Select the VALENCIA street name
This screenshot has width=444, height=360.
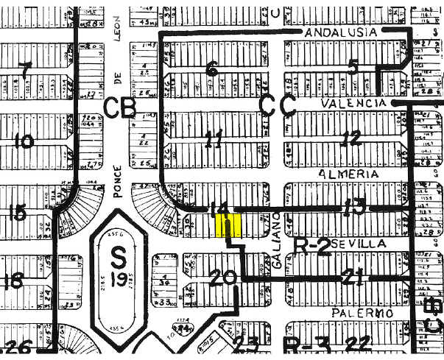click(x=354, y=105)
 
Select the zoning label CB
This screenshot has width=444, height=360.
click(x=120, y=108)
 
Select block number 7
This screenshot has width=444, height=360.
click(x=27, y=71)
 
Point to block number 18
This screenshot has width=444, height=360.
click(x=15, y=280)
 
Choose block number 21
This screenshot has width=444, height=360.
click(x=355, y=278)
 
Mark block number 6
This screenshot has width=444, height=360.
click(x=212, y=71)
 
